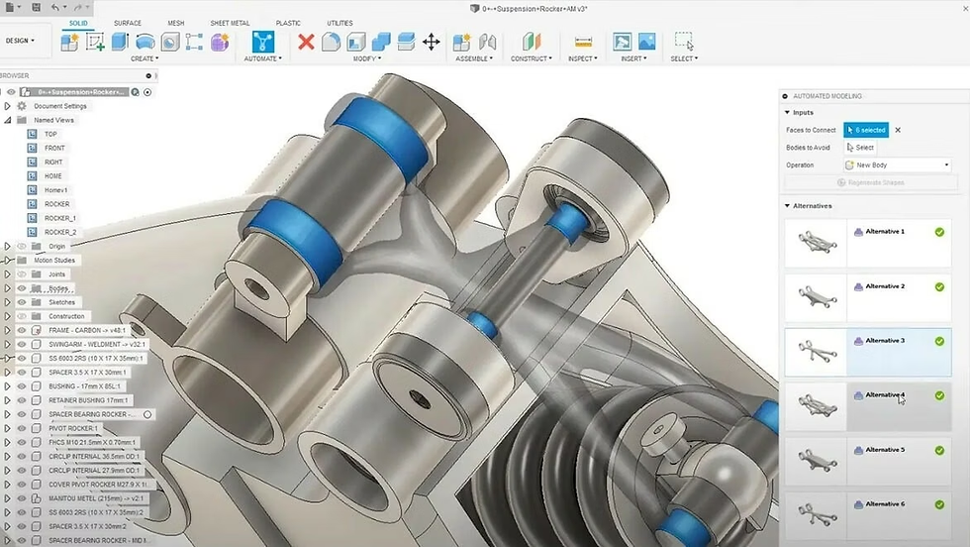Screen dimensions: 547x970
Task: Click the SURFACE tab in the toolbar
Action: [128, 23]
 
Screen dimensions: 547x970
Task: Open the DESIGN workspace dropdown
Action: [21, 41]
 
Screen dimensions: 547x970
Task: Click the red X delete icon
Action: [306, 42]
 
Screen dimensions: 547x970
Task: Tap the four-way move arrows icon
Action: [432, 42]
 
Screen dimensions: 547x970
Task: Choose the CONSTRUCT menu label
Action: [532, 58]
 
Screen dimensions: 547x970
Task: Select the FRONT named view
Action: [54, 148]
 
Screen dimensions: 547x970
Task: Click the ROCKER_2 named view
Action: [60, 232]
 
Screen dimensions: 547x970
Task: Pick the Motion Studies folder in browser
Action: [54, 261]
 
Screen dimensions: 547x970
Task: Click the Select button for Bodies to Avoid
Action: [860, 148]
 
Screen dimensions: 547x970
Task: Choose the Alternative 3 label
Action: [885, 341]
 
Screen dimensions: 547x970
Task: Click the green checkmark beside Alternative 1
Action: [939, 232]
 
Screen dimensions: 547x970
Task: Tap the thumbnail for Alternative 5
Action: [815, 462]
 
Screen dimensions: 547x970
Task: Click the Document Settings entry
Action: [60, 106]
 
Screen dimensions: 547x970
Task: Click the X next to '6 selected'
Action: [898, 130]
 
